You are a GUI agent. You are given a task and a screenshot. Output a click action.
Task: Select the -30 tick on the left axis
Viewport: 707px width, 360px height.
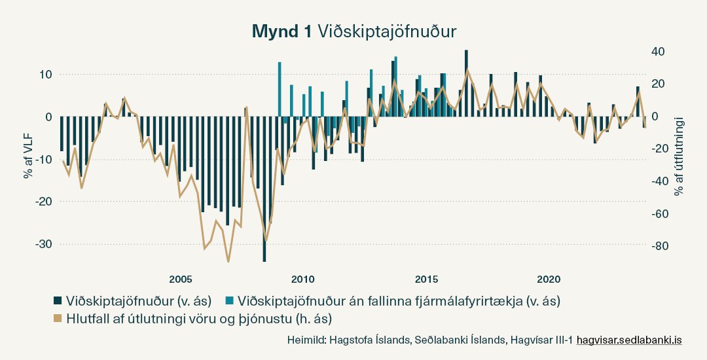click(41, 243)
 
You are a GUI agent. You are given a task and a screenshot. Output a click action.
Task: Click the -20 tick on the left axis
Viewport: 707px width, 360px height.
click(41, 201)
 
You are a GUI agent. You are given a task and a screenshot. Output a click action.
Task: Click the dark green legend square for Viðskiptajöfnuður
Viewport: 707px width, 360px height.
click(58, 301)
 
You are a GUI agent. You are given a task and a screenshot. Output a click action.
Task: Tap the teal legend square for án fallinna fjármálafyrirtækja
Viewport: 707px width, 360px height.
click(229, 301)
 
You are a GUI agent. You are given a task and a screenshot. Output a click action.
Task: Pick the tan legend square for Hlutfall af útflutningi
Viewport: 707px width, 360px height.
click(58, 319)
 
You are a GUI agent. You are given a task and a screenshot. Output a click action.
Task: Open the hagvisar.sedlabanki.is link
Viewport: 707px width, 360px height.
click(629, 340)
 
